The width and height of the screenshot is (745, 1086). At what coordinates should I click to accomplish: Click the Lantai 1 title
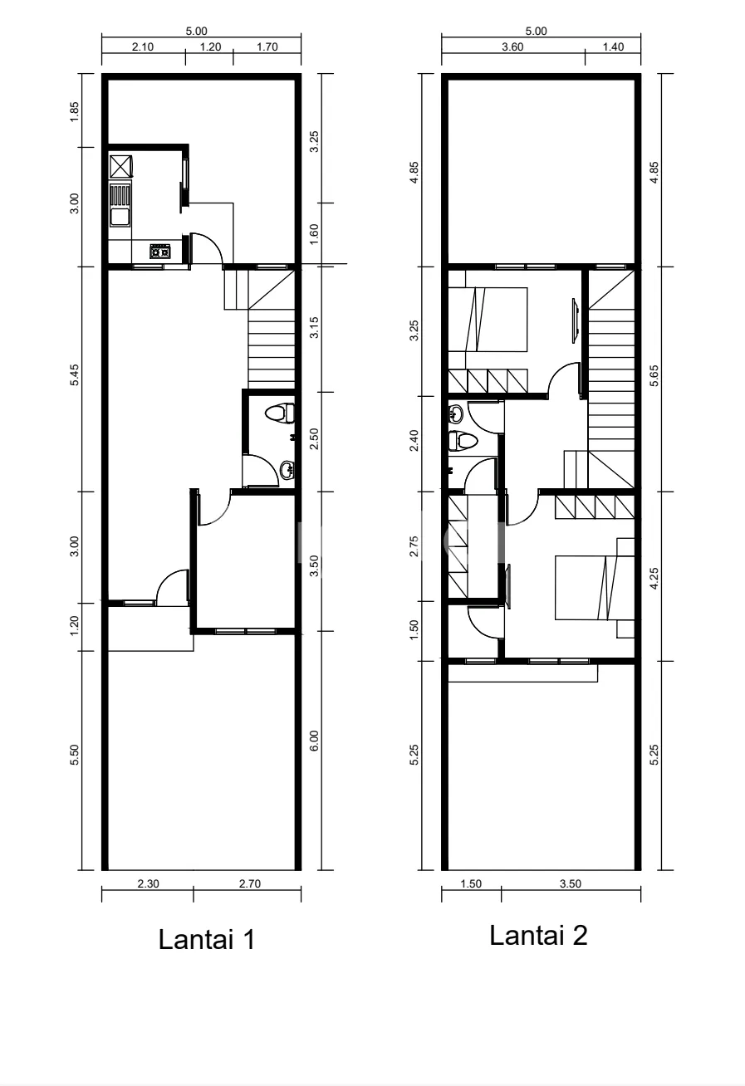207,940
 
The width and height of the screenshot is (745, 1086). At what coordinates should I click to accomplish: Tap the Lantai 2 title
538,935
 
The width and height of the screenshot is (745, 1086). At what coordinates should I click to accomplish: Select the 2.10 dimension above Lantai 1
143,47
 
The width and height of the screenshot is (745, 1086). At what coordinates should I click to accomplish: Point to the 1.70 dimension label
267,47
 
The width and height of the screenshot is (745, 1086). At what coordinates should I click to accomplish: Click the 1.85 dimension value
74,111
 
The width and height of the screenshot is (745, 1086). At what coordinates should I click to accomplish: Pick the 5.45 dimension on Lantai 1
74,374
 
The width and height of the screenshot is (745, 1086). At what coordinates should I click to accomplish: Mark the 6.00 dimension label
314,741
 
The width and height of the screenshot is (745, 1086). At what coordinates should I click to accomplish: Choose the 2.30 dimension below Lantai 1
148,884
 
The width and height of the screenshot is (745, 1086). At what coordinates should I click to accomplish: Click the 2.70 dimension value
250,884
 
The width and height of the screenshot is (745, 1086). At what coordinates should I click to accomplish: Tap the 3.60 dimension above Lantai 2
512,47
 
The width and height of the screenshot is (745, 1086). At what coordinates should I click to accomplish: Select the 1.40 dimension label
613,47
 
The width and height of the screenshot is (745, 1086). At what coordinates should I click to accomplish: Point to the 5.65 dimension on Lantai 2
654,375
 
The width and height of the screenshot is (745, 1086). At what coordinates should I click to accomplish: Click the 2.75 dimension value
414,546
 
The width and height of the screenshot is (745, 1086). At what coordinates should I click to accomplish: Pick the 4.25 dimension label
654,579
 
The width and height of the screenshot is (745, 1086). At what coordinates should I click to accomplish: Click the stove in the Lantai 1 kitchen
160,252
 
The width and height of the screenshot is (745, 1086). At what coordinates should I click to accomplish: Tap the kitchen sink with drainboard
120,205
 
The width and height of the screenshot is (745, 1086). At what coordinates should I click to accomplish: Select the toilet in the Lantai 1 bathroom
280,413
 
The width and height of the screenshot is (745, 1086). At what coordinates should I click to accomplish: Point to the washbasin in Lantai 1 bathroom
287,470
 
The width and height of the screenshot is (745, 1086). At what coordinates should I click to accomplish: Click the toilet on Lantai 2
463,441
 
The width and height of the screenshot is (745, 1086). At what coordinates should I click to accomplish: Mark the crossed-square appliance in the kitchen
120,166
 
